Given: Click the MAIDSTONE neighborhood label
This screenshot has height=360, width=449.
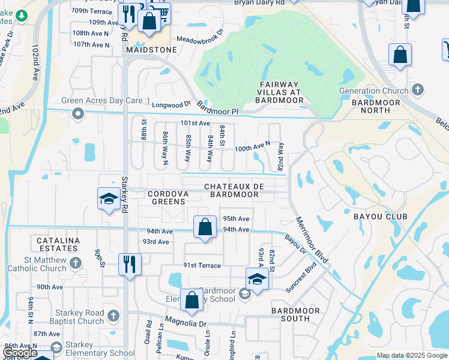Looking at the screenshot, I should (x=151, y=50).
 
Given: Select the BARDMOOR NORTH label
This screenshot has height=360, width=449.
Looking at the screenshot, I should (x=375, y=107).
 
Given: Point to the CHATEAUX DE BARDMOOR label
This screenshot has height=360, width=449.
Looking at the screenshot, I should (x=234, y=190).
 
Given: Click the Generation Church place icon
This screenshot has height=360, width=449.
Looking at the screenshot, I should (x=418, y=91).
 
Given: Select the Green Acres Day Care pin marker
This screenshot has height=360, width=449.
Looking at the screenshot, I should (x=77, y=113).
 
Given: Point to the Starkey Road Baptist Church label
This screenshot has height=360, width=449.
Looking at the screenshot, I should (x=54, y=317).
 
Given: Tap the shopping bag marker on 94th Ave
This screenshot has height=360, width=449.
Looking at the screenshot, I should (x=205, y=227).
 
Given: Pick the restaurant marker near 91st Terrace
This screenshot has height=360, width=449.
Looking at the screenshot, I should (x=130, y=263).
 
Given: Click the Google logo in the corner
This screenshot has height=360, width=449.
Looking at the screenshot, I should (x=20, y=353).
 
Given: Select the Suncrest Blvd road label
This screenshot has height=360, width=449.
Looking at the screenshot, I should (x=301, y=276).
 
